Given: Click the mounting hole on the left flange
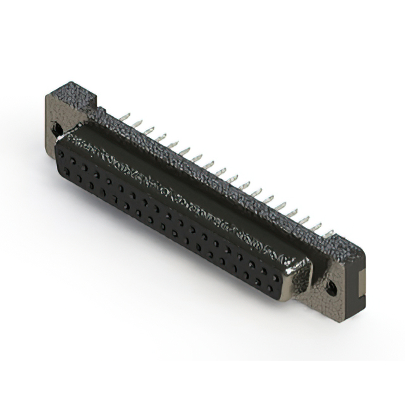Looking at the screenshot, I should click(x=58, y=129).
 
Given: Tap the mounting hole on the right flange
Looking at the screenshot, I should click(x=330, y=288).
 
